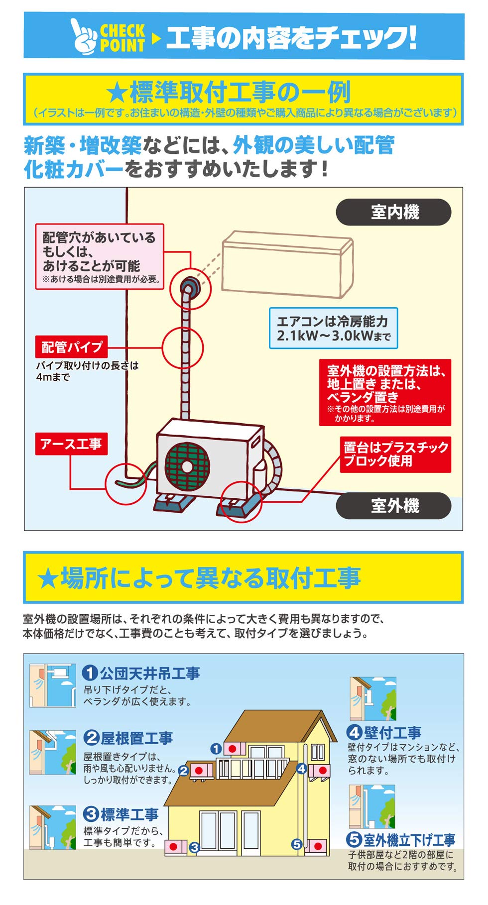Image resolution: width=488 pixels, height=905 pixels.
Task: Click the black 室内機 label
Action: coord(393,213)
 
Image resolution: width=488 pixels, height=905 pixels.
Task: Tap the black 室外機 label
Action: coord(393,506)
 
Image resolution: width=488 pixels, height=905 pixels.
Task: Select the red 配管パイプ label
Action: coord(72,347)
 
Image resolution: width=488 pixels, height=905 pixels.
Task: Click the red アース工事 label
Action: coord(71,444)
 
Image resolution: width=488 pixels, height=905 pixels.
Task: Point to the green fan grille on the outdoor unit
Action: coord(187,466)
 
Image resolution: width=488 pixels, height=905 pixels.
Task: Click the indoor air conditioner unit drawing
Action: coord(288,264)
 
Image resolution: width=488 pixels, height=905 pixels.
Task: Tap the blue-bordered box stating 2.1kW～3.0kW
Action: coord(333,329)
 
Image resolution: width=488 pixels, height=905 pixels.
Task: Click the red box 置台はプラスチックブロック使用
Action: coord(395,454)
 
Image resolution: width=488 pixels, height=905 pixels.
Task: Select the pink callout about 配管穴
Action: coord(100,256)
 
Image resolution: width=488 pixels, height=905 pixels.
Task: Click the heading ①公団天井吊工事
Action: coord(141,673)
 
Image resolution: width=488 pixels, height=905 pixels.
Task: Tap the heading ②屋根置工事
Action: coord(128,738)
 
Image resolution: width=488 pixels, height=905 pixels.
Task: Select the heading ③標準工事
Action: coord(121,814)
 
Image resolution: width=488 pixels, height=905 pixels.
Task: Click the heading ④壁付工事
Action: coord(384,732)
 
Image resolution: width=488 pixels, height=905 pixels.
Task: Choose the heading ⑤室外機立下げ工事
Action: coord(401,840)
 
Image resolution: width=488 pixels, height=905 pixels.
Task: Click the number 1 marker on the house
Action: coord(216,749)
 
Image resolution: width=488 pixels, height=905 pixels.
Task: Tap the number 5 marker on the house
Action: coord(297,844)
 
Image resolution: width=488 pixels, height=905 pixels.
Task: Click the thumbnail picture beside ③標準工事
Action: coord(53,827)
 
